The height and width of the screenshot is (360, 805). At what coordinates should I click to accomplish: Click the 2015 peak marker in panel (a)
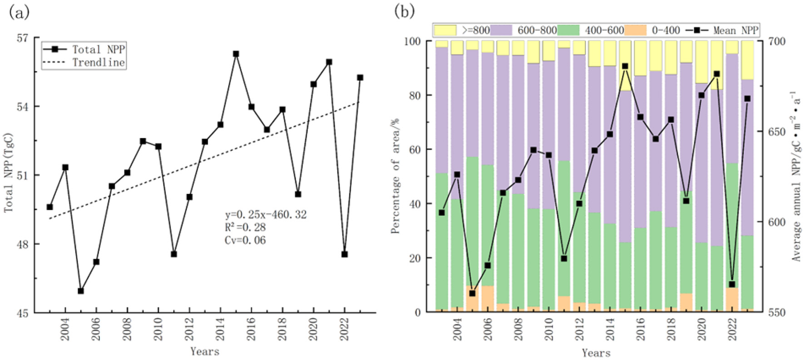pyautogui.click(x=236, y=54)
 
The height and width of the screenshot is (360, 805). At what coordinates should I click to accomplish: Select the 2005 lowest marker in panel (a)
pyautogui.click(x=80, y=291)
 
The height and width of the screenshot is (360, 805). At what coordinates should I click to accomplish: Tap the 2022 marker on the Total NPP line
pyautogui.click(x=344, y=254)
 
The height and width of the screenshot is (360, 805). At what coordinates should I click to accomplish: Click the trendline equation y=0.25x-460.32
pyautogui.click(x=266, y=215)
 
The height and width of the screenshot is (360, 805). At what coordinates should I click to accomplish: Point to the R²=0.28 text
pyautogui.click(x=245, y=227)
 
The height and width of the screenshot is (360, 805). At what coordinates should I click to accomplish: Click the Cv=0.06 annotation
pyautogui.click(x=245, y=240)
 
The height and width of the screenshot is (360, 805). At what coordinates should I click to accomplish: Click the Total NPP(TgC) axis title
pyautogui.click(x=8, y=173)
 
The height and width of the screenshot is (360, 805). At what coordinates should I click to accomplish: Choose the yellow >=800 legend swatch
pyautogui.click(x=445, y=30)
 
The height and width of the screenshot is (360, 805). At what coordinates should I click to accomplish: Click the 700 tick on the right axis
pyautogui.click(x=776, y=41)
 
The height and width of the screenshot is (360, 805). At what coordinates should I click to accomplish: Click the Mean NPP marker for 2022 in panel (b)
pyautogui.click(x=732, y=285)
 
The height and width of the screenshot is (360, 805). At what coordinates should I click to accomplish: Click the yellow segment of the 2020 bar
pyautogui.click(x=701, y=62)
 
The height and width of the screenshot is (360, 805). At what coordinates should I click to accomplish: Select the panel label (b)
pyautogui.click(x=404, y=11)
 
